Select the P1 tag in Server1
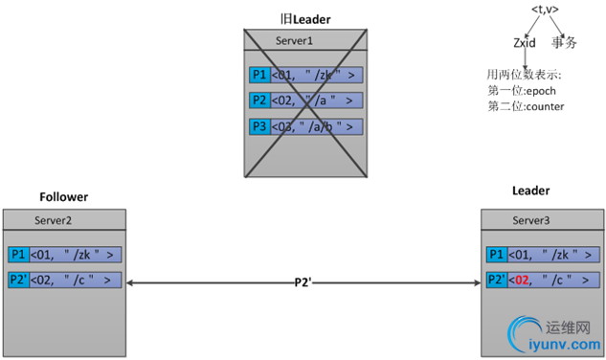tap(258, 76)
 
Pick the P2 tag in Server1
tap(258, 101)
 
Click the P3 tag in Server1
tap(258, 126)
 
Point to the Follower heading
tap(63, 197)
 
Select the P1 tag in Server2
tap(18, 255)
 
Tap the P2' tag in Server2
tap(19, 280)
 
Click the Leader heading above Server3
tap(531, 191)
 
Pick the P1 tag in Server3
tap(496, 255)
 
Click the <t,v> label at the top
tap(544, 11)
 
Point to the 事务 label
tap(564, 42)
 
